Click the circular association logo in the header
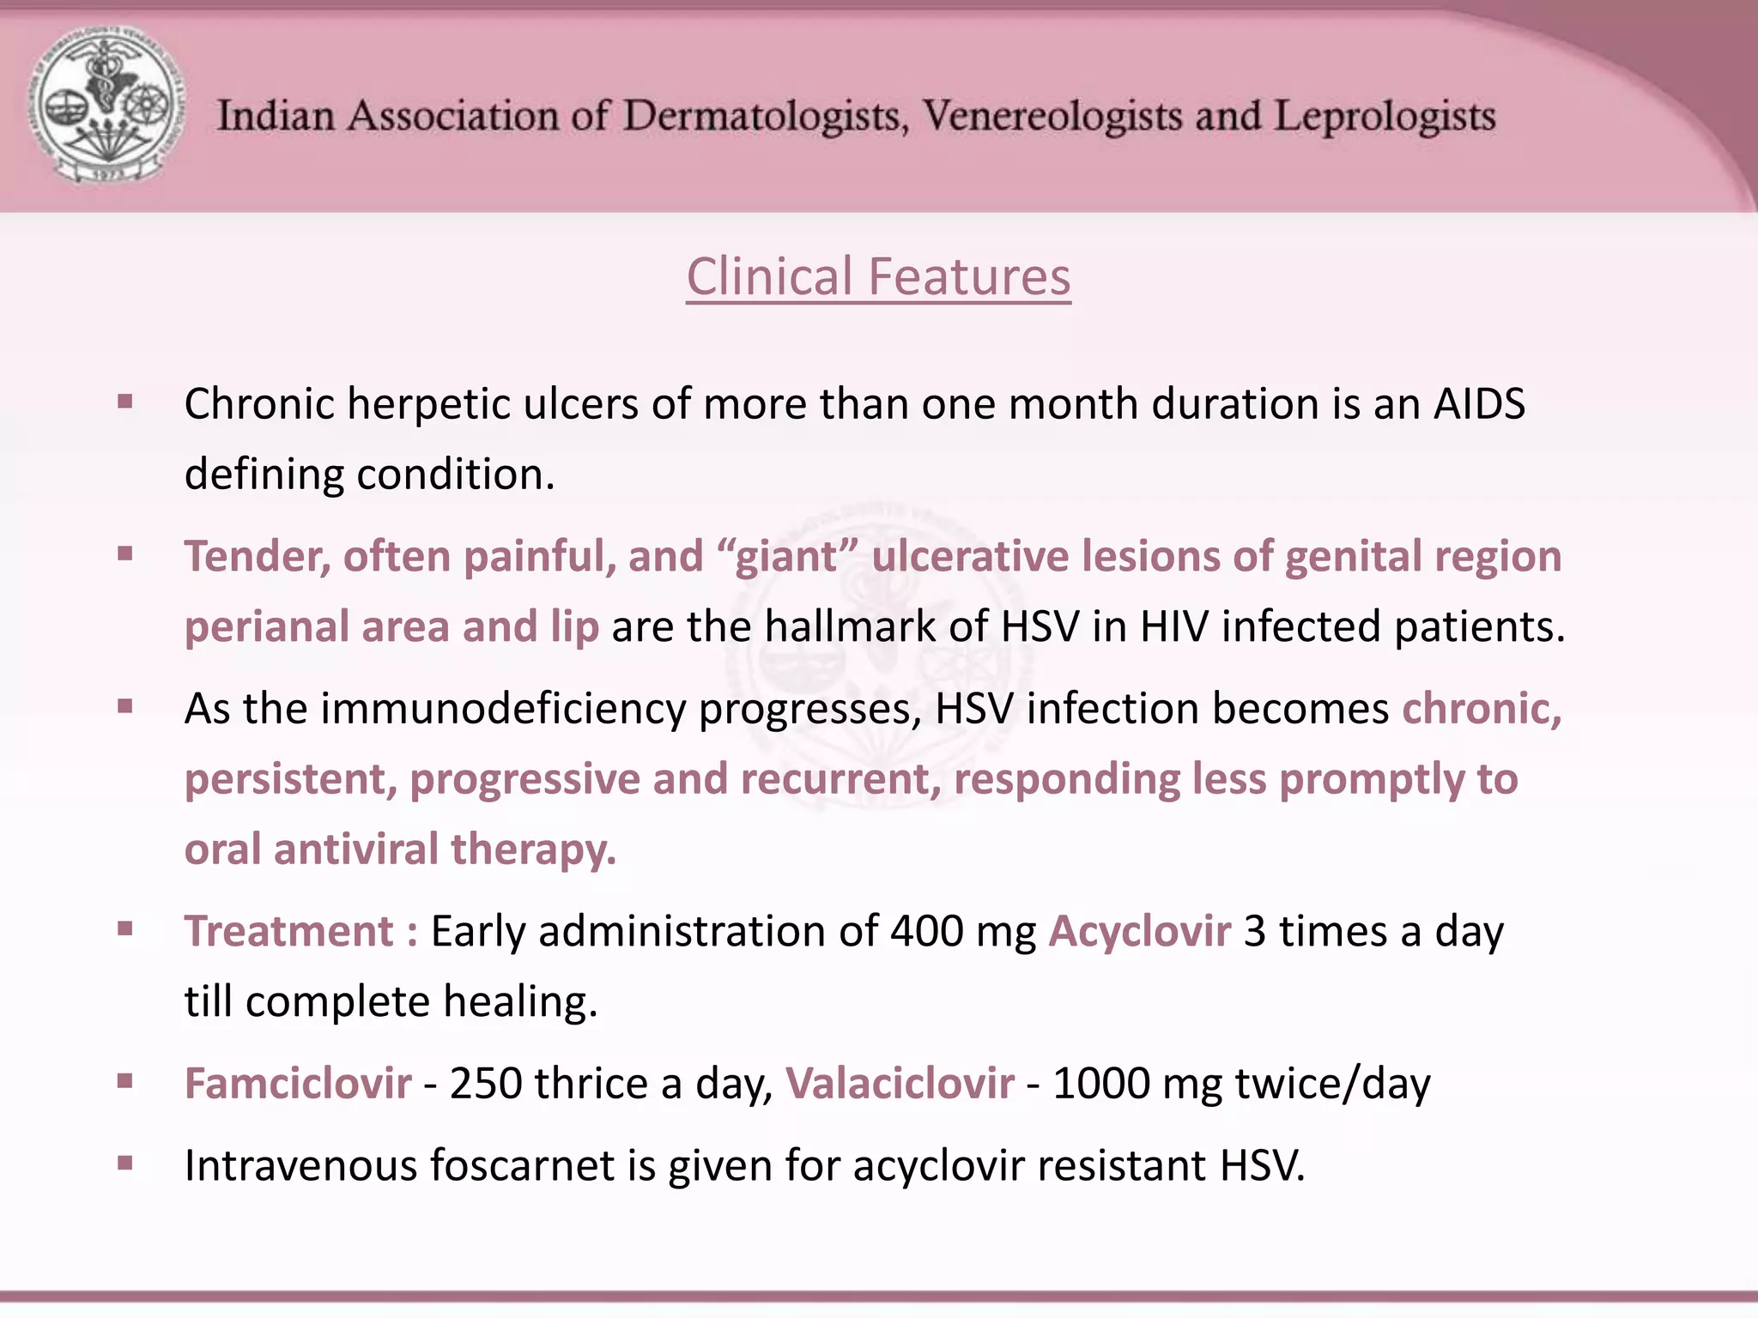(108, 106)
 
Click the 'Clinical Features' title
(878, 277)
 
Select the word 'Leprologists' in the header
(1384, 117)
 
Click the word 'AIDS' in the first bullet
(1479, 404)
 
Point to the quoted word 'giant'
(786, 557)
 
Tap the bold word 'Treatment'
(289, 932)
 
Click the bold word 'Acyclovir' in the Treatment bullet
(1139, 932)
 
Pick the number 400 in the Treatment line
(926, 932)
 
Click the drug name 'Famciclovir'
(298, 1084)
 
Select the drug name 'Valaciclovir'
(900, 1084)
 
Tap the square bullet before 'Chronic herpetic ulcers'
(125, 402)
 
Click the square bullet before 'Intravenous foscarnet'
(125, 1164)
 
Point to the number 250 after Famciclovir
(485, 1084)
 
